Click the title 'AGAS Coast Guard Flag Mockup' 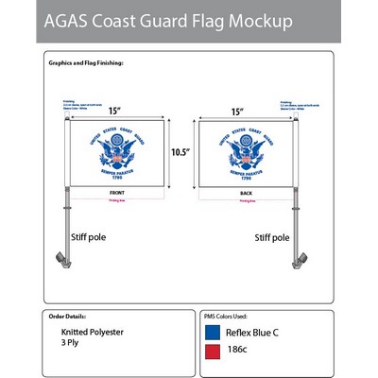(x=165, y=20)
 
